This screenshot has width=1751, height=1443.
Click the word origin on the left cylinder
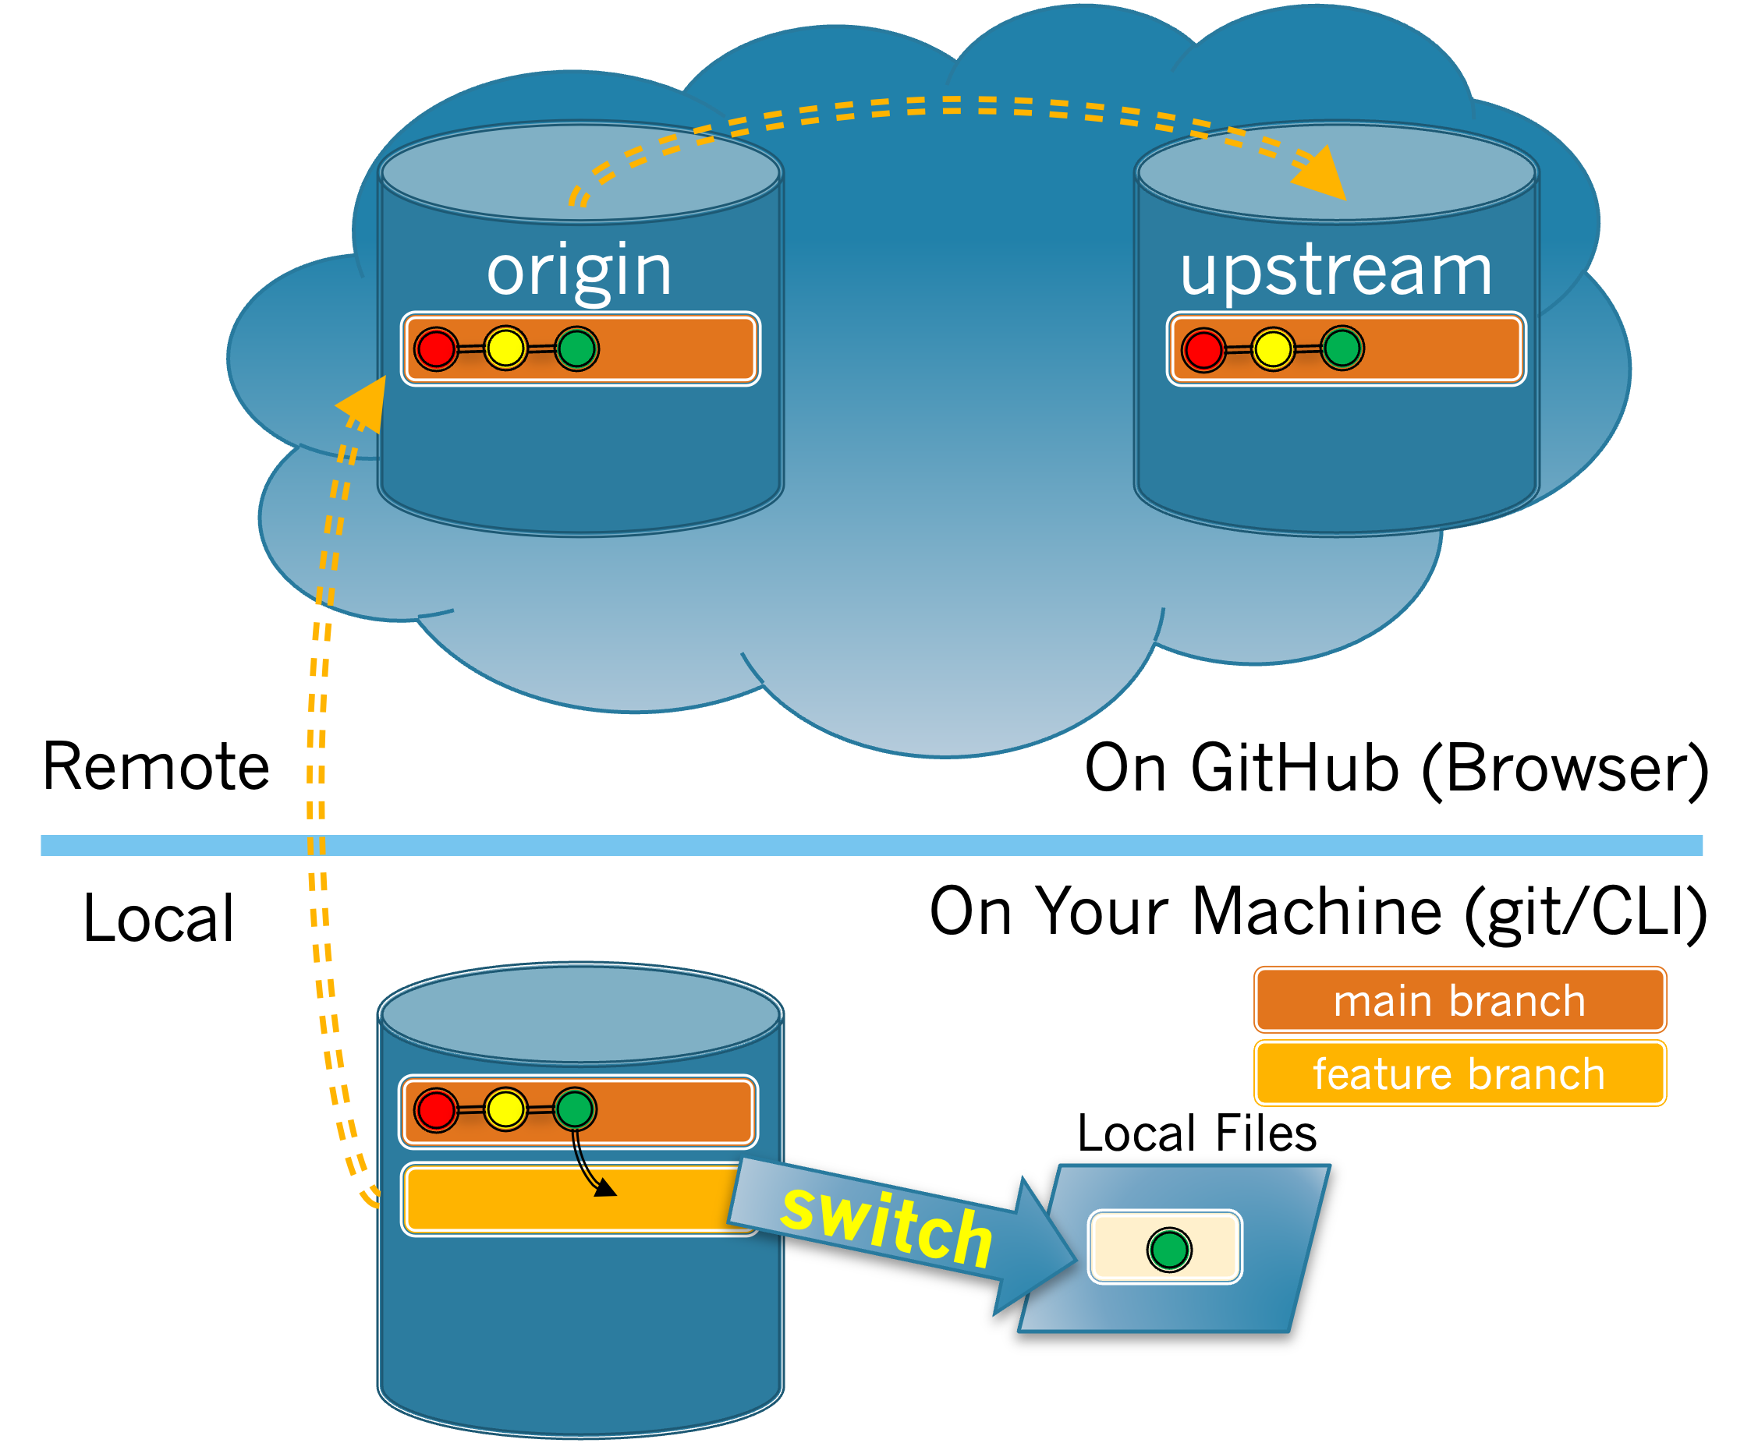click(579, 271)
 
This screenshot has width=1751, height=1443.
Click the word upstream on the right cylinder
click(1335, 271)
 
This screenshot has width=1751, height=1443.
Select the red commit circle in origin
click(436, 348)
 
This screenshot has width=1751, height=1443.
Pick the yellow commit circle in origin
click(505, 348)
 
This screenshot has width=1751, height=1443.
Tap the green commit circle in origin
click(577, 348)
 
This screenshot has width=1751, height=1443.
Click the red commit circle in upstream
click(1203, 348)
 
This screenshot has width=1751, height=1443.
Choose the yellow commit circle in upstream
click(1272, 348)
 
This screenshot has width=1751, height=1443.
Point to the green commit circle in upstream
click(1342, 348)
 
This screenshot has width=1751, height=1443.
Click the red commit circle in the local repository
click(436, 1109)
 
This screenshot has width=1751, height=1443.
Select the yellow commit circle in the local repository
click(505, 1109)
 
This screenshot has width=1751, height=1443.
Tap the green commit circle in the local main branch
click(576, 1109)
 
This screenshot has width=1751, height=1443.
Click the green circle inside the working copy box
click(1169, 1250)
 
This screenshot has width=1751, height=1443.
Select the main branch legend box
click(1459, 1000)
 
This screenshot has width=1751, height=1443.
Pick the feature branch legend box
click(1459, 1074)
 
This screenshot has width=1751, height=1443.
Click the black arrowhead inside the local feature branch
click(604, 1189)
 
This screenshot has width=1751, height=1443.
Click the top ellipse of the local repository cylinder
click(580, 1013)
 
